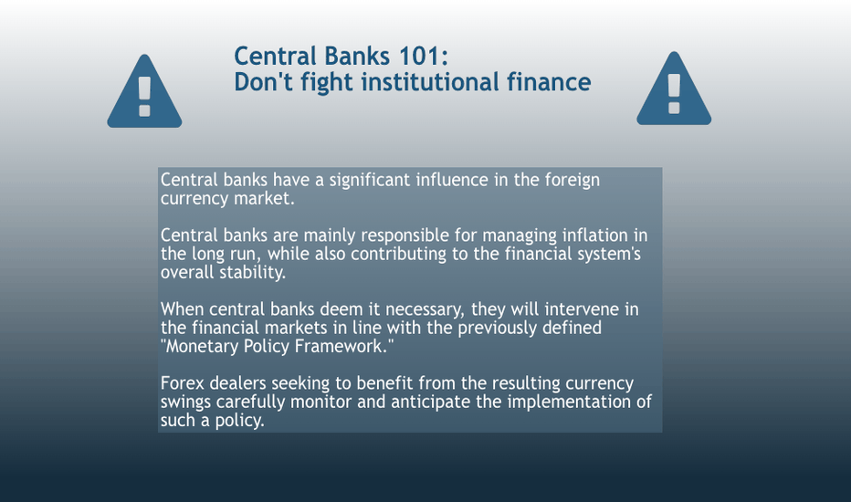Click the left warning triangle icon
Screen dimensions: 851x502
(x=144, y=92)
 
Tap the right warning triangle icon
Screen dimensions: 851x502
(x=674, y=89)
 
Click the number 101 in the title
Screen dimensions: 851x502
(x=419, y=56)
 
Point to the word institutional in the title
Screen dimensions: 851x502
(x=430, y=82)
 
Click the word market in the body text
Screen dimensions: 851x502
(x=264, y=198)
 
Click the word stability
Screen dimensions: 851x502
(x=255, y=273)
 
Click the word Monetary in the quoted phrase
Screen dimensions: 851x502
(x=202, y=347)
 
